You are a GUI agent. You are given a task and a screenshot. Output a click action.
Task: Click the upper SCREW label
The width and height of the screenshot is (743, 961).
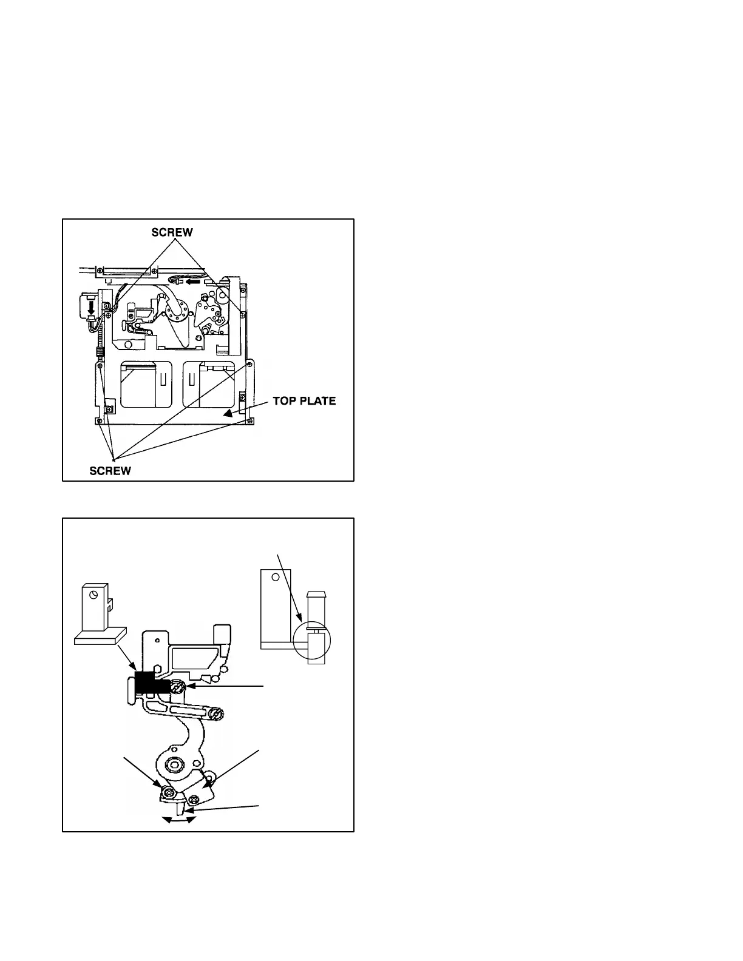(172, 232)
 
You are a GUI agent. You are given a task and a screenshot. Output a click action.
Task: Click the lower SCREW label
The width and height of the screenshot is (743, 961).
(110, 471)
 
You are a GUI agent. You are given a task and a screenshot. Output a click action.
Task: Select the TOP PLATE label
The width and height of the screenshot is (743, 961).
(304, 401)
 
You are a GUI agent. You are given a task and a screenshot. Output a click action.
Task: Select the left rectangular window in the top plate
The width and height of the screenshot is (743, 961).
(139, 385)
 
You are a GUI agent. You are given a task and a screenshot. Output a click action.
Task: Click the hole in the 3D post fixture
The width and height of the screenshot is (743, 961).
(93, 595)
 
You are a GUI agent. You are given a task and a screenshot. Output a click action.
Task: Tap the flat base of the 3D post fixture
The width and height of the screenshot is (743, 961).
(99, 635)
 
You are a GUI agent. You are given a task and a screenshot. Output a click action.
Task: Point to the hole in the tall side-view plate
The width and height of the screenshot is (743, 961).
(274, 578)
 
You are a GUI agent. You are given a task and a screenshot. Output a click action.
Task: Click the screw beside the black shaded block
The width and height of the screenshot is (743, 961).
(177, 688)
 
